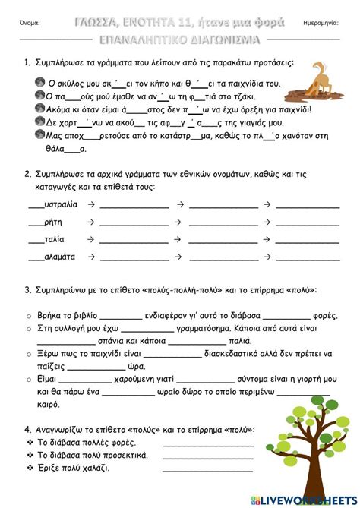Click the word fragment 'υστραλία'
(61, 204)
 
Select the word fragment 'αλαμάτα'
(60, 257)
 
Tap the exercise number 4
(27, 430)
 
